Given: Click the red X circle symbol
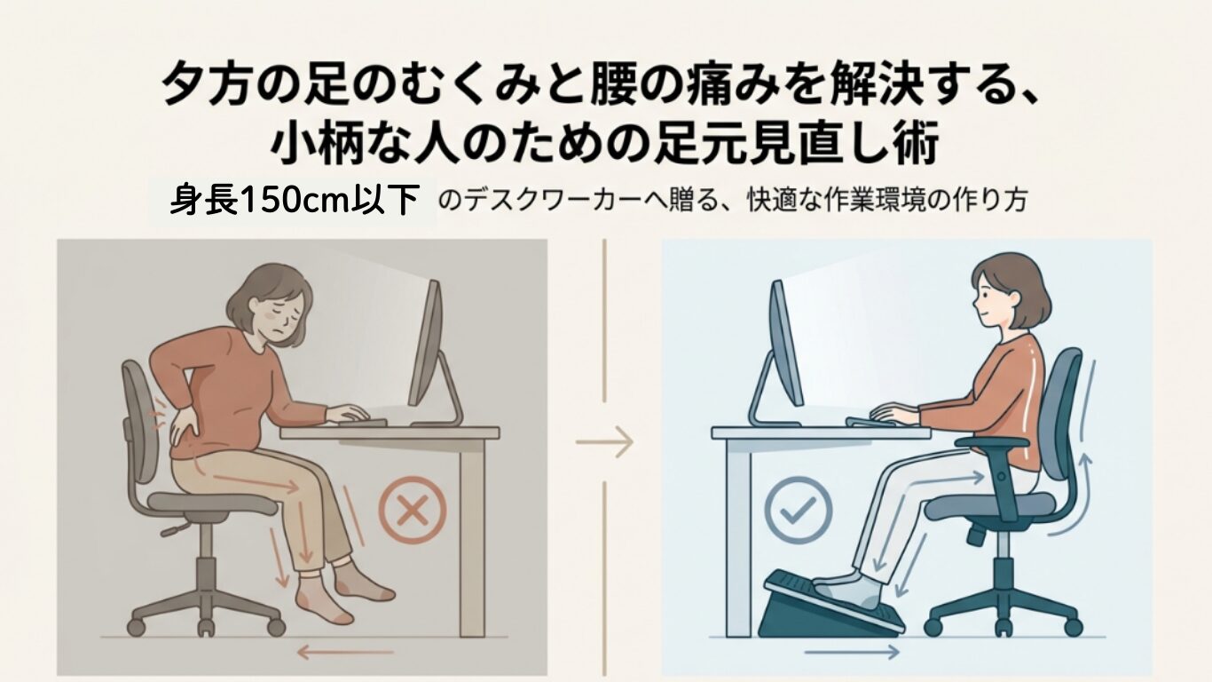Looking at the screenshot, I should tap(411, 510).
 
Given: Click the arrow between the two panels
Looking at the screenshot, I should tap(604, 441).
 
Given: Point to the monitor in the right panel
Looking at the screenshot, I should tap(784, 346).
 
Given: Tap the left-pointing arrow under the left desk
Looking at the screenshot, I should tap(343, 653).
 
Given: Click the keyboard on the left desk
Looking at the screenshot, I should tap(363, 422).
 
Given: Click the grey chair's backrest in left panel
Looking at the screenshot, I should tap(138, 417).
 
